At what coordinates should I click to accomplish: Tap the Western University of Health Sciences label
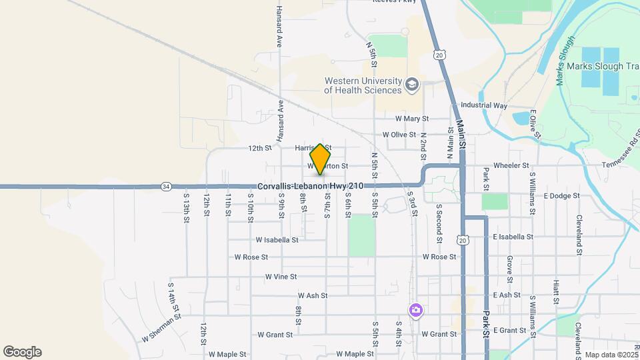[x=363, y=85]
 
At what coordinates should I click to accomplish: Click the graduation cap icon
[x=412, y=85]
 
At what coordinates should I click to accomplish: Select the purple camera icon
[x=415, y=310]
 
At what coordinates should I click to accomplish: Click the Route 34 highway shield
[x=166, y=187]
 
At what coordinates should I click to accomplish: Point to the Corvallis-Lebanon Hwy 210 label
[x=310, y=187]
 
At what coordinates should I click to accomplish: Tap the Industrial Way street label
[x=484, y=105]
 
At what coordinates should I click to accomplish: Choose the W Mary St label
[x=411, y=119]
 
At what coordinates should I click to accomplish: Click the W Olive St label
[x=399, y=135]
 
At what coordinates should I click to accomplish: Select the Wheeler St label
[x=511, y=165]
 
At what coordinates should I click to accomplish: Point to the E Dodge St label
[x=561, y=196]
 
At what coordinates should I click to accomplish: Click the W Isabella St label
[x=277, y=239]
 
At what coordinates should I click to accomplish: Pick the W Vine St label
[x=281, y=276]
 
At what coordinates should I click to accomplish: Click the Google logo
[x=22, y=352]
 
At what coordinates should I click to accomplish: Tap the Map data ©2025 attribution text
[x=609, y=355]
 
